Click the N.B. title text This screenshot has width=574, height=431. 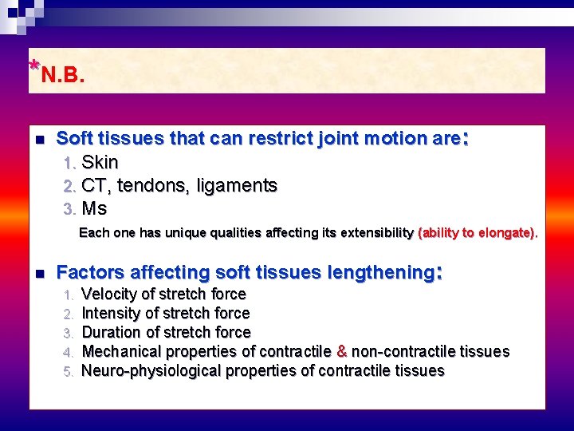pyautogui.click(x=63, y=76)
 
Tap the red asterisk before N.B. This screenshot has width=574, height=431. pyautogui.click(x=33, y=66)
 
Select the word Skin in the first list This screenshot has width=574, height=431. pyautogui.click(x=100, y=163)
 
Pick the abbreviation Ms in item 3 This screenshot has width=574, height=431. pyautogui.click(x=94, y=209)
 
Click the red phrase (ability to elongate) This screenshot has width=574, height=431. pyautogui.click(x=477, y=233)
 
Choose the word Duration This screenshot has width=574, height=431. pyautogui.click(x=111, y=333)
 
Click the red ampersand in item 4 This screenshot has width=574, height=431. pyautogui.click(x=342, y=352)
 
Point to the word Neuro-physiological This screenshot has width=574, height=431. pyautogui.click(x=151, y=371)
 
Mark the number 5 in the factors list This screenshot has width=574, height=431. pyautogui.click(x=69, y=371)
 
